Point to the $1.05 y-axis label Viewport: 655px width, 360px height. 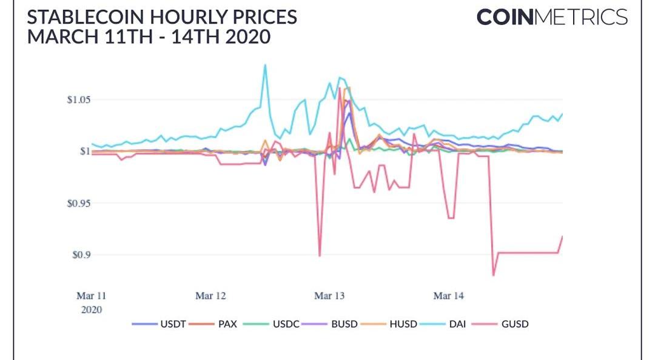79,99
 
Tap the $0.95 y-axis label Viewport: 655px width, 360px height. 79,203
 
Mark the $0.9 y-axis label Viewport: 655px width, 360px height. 81,255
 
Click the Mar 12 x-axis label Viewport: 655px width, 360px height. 210,296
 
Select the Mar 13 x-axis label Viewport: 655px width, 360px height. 329,296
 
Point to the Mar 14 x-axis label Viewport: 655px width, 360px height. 449,296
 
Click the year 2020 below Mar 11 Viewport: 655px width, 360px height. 91,309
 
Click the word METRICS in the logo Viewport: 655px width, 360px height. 580,17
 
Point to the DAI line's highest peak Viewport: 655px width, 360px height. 265,65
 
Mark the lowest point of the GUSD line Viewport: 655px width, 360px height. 493,275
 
